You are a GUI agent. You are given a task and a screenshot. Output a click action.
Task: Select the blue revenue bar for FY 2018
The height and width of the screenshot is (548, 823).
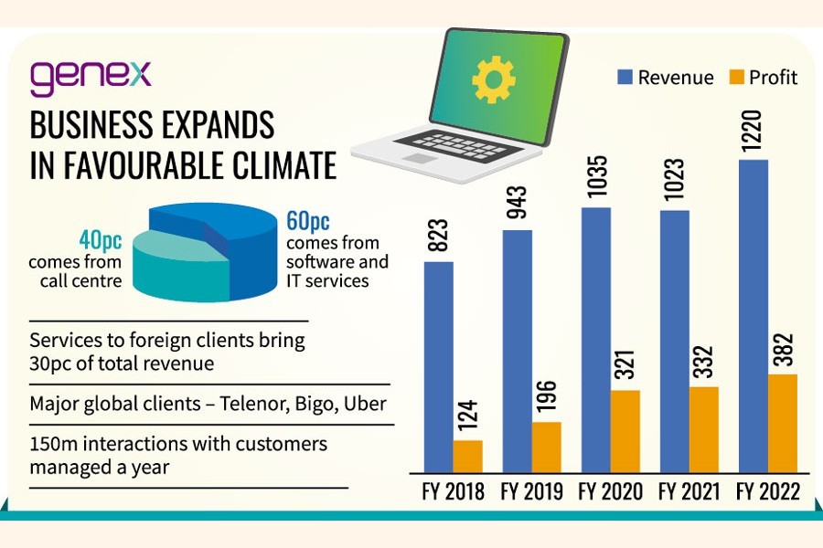[438, 365]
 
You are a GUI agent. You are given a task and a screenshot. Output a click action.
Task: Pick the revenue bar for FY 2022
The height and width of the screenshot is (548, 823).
[753, 315]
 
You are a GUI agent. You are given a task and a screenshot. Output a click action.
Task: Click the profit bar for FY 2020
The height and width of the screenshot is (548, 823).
[625, 430]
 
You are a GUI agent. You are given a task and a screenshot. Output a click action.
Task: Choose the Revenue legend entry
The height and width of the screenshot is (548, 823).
[664, 78]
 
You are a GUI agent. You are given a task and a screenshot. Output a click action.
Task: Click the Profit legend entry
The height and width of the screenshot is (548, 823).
[763, 78]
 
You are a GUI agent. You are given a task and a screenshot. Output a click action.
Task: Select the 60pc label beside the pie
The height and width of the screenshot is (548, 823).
[307, 222]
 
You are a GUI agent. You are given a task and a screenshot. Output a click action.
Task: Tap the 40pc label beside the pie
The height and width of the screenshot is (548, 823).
[100, 240]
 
